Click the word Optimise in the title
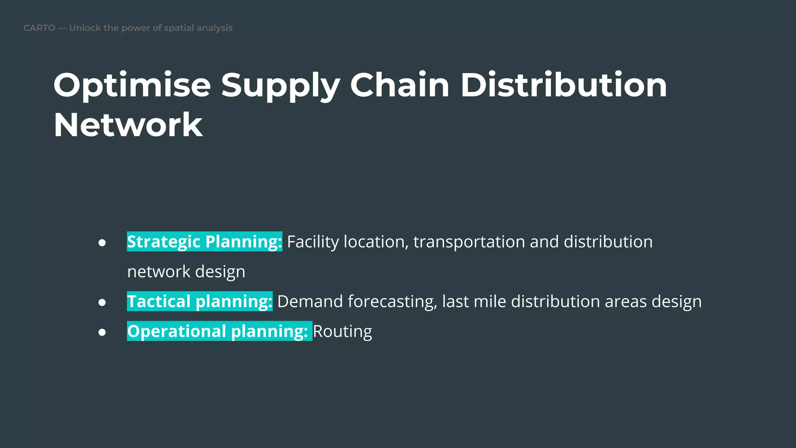click(132, 86)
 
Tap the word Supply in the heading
click(281, 86)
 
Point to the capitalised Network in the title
click(128, 125)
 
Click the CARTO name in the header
click(39, 28)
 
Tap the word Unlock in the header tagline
click(85, 28)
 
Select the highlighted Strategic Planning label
click(204, 242)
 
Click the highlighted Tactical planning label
click(200, 302)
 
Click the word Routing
click(342, 332)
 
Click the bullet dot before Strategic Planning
click(102, 243)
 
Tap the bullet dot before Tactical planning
click(102, 302)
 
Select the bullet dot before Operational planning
click(102, 332)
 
